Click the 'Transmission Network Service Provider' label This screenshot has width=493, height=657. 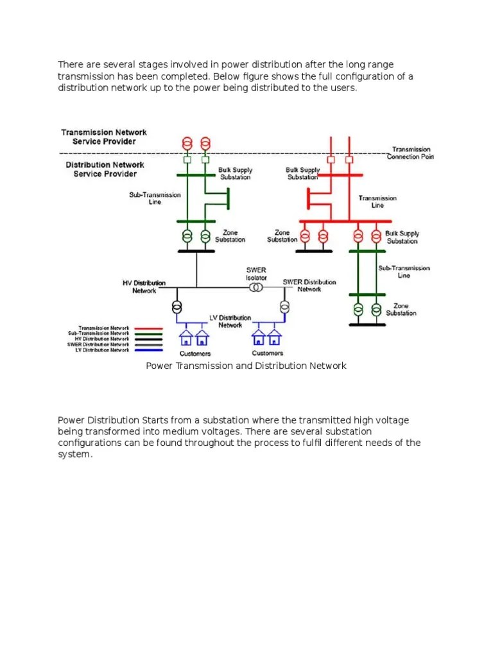103,137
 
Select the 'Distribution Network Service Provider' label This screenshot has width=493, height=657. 105,169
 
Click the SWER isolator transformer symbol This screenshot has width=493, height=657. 255,287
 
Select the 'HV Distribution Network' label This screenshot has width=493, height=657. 144,287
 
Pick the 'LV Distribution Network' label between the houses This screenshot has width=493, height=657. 230,321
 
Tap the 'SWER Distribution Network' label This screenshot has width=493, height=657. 309,286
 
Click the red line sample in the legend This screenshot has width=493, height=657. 148,327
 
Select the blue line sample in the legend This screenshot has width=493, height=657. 148,350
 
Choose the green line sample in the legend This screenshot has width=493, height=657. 148,333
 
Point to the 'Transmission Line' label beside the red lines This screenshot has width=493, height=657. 377,201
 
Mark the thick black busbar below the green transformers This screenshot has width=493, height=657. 196,251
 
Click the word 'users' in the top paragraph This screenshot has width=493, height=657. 341,88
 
